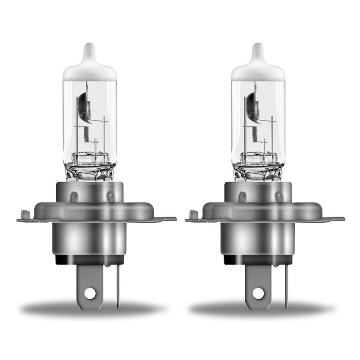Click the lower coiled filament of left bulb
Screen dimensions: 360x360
[x=86, y=135]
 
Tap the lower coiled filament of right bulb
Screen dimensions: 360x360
[x=255, y=135]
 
